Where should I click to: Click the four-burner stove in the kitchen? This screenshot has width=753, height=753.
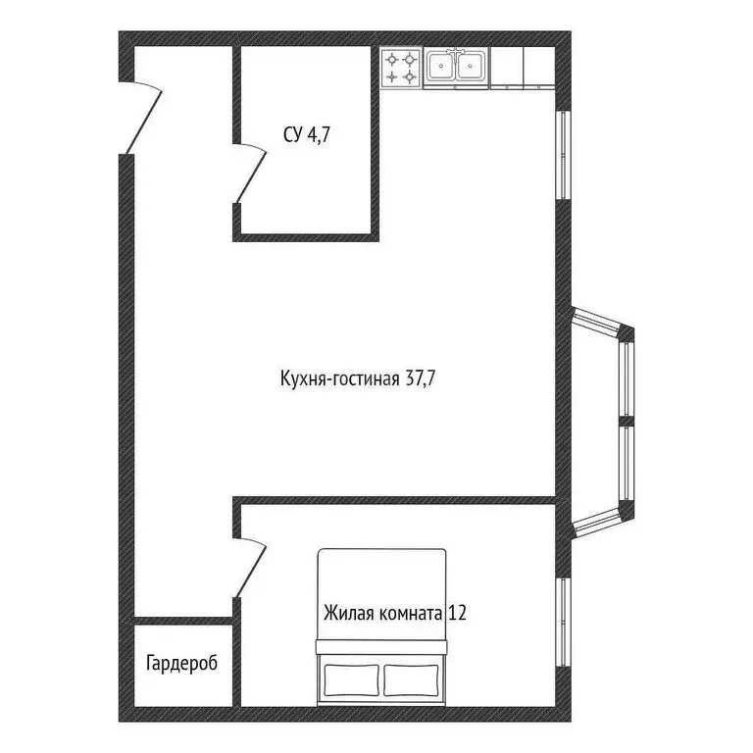(x=402, y=68)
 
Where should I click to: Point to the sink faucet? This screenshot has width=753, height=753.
(x=457, y=53)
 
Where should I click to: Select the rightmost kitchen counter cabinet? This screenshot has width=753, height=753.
(x=537, y=68)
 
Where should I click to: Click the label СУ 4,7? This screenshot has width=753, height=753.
(x=306, y=136)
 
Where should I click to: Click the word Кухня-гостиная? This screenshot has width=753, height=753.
(x=339, y=378)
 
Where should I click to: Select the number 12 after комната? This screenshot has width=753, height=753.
(x=456, y=615)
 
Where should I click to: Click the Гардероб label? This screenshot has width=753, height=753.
(x=181, y=663)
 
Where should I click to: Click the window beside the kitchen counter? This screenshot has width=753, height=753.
(x=563, y=154)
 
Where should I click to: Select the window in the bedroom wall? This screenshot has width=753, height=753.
(x=563, y=623)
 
